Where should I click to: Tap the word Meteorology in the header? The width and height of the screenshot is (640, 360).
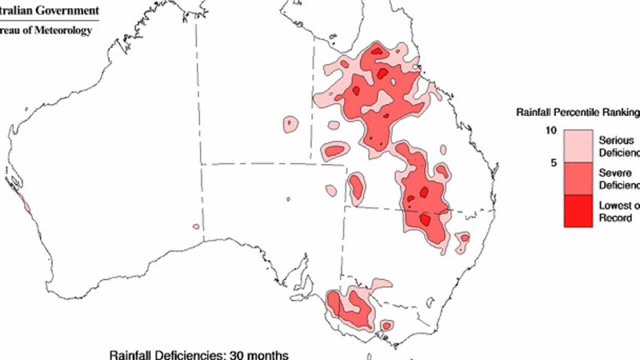(62, 30)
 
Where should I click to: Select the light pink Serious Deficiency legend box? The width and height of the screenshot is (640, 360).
(578, 146)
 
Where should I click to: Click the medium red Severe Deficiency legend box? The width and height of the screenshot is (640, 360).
(578, 178)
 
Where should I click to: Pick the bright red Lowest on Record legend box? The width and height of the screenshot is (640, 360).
(578, 210)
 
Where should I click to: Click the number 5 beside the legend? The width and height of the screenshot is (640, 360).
(553, 162)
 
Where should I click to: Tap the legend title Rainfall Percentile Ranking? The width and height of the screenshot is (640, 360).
(577, 112)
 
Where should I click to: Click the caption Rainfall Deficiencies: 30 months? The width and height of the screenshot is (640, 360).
(199, 355)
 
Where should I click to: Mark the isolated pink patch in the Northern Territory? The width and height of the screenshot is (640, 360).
(290, 124)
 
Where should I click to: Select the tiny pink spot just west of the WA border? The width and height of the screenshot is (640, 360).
(196, 226)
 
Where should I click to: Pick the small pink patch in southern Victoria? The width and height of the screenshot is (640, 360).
(386, 325)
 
